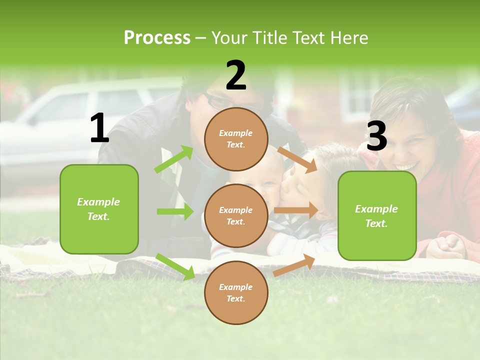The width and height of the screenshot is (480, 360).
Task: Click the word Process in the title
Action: [x=157, y=38]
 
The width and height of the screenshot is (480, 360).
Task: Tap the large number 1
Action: [x=99, y=128]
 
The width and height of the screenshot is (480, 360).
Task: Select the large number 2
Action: [x=236, y=75]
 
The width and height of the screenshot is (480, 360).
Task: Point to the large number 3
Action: [x=376, y=136]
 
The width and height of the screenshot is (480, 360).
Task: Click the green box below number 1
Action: [x=99, y=209]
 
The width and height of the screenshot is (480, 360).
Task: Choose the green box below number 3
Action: [x=377, y=216]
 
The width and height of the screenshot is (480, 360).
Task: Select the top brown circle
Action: [x=236, y=139]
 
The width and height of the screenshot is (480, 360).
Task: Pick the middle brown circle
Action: [x=236, y=215]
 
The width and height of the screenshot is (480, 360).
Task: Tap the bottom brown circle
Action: [x=236, y=292]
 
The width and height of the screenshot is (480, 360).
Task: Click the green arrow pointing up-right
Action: [x=174, y=159]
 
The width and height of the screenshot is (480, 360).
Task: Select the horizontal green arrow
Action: [x=175, y=211]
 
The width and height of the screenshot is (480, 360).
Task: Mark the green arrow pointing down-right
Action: [x=175, y=266]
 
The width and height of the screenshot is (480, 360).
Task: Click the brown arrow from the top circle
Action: [x=297, y=159]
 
